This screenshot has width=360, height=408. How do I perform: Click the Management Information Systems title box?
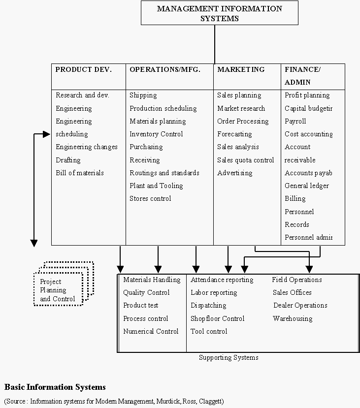(219, 13)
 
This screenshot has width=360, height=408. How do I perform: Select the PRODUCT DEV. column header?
(83, 70)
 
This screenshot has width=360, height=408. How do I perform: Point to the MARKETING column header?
(241, 70)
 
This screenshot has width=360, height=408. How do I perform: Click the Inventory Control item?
(156, 134)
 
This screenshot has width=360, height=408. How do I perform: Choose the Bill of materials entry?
(79, 173)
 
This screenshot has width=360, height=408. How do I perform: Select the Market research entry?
(241, 108)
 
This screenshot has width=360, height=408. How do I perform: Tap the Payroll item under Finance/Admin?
(295, 121)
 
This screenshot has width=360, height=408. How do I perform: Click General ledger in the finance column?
(306, 186)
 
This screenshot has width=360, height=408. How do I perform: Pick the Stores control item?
(150, 198)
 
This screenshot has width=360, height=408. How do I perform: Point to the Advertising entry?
(234, 173)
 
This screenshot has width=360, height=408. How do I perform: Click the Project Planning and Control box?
(58, 290)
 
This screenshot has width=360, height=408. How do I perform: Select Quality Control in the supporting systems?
(146, 292)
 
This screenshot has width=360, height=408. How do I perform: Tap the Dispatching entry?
(208, 305)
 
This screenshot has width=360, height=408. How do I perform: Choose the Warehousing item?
(293, 318)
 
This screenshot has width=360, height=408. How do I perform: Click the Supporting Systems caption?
(229, 357)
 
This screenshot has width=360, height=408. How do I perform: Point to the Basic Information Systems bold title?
(55, 387)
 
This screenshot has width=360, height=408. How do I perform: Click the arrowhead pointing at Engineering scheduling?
(47, 134)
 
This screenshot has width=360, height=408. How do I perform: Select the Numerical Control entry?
(151, 331)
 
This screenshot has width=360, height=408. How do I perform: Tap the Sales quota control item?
(245, 160)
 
